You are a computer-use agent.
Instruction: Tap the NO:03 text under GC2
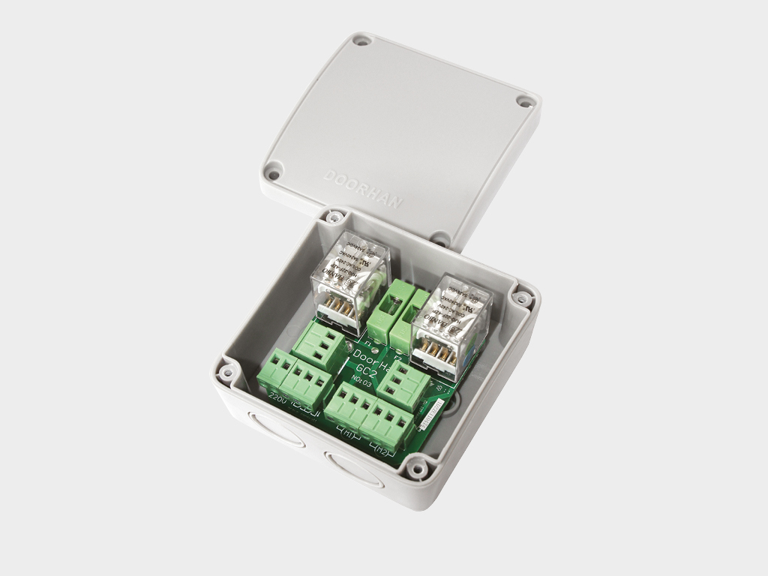(361, 382)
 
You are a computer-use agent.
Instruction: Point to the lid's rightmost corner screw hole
(523, 100)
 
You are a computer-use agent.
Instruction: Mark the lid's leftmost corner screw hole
(274, 175)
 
